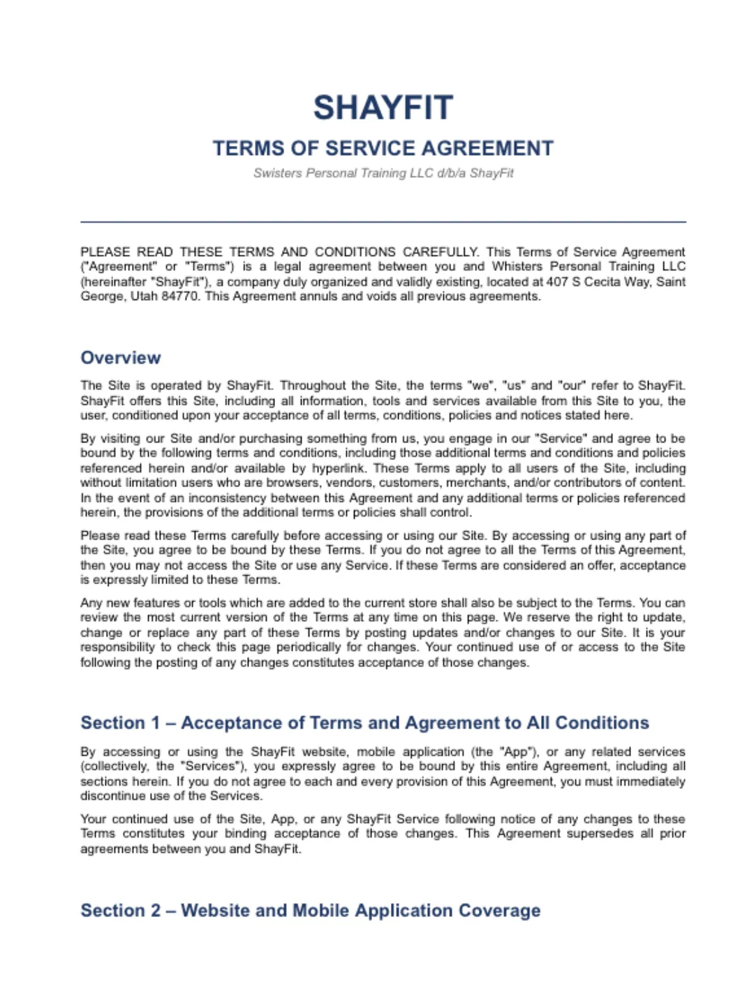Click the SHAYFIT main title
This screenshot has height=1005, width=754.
coord(383,108)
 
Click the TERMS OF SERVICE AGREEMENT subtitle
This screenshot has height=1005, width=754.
coord(383,149)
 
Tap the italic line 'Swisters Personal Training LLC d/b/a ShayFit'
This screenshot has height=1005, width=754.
coord(383,173)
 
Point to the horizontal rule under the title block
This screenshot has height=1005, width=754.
coord(383,222)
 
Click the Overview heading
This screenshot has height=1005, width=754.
coord(121,358)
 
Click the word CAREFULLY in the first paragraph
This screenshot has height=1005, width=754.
coord(441,252)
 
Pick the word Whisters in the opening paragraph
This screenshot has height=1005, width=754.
coord(517,267)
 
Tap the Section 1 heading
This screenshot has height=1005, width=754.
coord(364,723)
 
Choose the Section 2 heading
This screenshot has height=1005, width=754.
coord(310,911)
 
